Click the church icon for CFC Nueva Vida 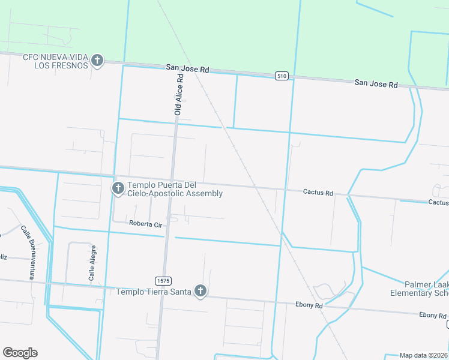point(97,61)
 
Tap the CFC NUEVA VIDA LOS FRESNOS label point(55,61)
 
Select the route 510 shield point(282,76)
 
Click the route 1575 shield point(162,281)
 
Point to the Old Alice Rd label point(178,95)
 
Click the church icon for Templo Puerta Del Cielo point(118,189)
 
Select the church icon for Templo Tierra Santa point(200,292)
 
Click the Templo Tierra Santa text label point(153,292)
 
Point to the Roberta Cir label point(146,224)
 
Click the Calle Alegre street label point(92,263)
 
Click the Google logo point(20,352)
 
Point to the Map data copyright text point(424,355)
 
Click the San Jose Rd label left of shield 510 point(188,70)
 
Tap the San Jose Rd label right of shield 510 point(376,84)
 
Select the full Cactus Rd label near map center point(318,193)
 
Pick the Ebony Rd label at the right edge point(433,315)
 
